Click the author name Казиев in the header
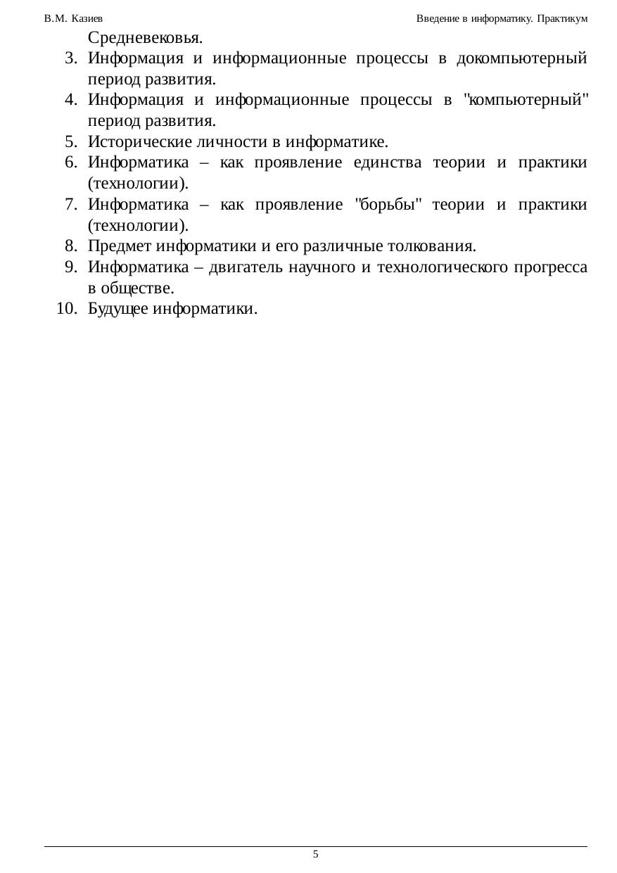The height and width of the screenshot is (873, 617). [88, 18]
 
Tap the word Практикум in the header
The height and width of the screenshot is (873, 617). [561, 18]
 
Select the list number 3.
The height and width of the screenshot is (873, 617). [70, 58]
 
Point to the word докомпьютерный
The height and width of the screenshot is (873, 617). [521, 58]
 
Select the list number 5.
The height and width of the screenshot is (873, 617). [70, 142]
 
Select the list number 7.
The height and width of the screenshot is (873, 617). [70, 205]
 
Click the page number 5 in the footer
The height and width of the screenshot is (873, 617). [316, 854]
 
